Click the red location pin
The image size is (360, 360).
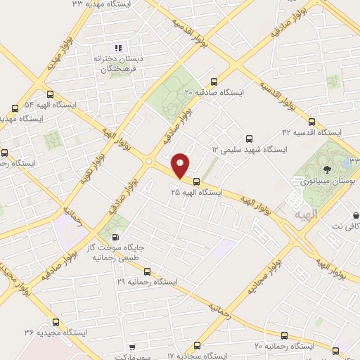[181, 165]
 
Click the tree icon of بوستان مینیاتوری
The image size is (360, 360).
[326, 169]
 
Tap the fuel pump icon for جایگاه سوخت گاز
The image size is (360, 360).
[116, 239]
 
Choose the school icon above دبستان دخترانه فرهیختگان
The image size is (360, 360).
[119, 48]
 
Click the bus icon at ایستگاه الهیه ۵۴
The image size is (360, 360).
[49, 93]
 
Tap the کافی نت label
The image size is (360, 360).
[342, 226]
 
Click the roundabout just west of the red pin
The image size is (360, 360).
[150, 162]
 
